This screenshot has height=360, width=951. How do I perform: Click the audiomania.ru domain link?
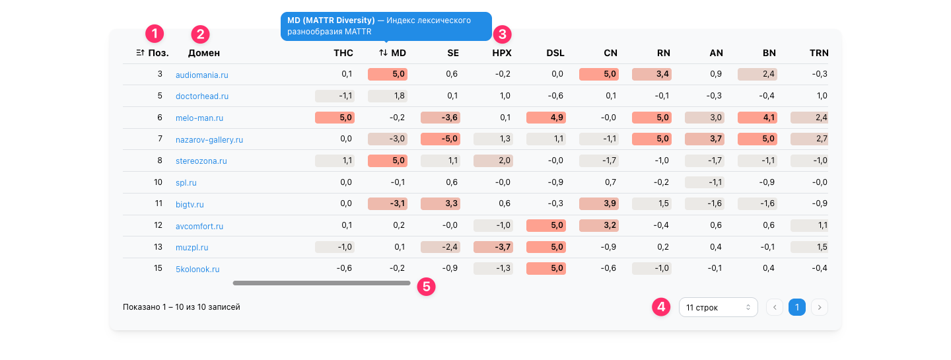click(x=201, y=75)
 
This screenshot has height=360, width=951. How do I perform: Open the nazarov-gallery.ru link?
click(x=209, y=139)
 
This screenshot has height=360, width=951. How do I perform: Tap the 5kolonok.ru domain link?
click(x=197, y=269)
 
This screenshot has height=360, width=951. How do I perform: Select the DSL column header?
click(x=555, y=53)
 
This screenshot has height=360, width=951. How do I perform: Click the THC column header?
click(x=343, y=53)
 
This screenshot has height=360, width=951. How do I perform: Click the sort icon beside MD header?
click(x=383, y=53)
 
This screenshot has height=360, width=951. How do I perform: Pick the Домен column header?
click(x=204, y=53)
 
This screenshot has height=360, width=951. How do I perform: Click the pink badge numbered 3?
click(x=502, y=34)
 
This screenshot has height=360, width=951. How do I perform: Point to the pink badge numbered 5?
click(x=426, y=287)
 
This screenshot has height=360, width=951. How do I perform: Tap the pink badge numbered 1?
click(x=155, y=33)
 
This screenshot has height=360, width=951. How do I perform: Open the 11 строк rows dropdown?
click(x=719, y=307)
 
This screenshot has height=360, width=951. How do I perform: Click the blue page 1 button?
click(x=797, y=307)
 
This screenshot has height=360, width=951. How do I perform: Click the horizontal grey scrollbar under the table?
click(x=322, y=283)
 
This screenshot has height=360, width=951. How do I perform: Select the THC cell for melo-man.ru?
click(x=335, y=118)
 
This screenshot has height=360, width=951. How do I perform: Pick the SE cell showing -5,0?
click(x=440, y=139)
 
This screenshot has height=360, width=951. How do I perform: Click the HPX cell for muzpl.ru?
click(x=493, y=246)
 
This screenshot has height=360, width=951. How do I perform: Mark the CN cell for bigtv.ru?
click(x=598, y=203)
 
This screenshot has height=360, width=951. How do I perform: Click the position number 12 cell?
click(x=158, y=225)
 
